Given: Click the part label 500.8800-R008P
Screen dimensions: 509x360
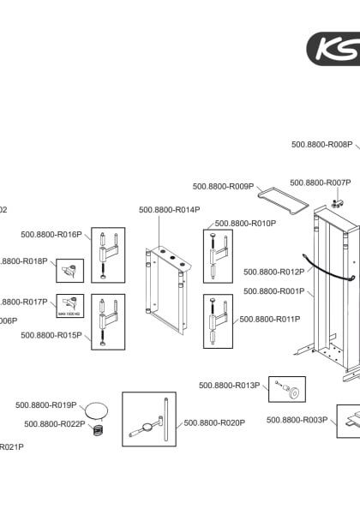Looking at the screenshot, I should [321, 145].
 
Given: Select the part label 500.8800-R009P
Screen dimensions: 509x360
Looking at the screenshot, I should [223, 186].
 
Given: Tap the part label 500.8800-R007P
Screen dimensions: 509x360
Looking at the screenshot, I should [320, 183].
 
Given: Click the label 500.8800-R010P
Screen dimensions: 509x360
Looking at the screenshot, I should [245, 224].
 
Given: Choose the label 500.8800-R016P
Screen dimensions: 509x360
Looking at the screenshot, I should [51, 235].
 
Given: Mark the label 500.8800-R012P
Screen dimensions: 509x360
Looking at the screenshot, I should [273, 272].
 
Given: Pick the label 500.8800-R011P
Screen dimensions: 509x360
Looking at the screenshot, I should [269, 320].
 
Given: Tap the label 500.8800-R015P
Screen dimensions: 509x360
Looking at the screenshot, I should [51, 335].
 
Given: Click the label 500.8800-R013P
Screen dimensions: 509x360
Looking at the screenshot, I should [229, 386].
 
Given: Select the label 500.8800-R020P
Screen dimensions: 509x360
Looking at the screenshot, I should [214, 422].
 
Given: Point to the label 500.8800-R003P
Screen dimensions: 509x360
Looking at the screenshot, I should [297, 420].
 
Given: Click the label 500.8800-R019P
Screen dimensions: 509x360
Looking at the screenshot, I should [46, 405].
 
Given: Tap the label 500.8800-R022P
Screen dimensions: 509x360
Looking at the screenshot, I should [55, 424].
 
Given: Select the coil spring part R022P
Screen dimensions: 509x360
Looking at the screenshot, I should [99, 428].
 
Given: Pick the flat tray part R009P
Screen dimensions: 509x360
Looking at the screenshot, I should [283, 201].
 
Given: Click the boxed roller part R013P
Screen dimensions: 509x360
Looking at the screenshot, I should [288, 390].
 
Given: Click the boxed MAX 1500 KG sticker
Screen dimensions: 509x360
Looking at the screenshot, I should [69, 306].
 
